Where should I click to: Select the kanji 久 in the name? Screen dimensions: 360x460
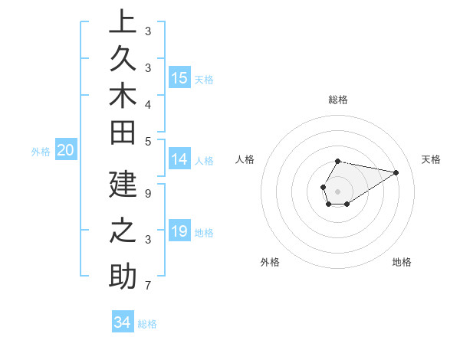coord(123,58)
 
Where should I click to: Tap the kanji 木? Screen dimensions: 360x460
coord(123,96)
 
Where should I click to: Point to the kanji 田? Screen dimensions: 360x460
coord(123,133)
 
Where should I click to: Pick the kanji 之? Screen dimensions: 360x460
coord(123,231)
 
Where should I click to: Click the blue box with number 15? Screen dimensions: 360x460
coord(179,77)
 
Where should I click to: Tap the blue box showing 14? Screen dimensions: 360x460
coord(179,159)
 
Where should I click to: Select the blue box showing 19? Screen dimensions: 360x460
coord(179,231)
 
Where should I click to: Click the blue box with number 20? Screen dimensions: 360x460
coord(66,150)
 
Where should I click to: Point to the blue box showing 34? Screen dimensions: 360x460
coord(123,322)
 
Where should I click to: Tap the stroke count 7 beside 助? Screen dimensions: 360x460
coord(147,286)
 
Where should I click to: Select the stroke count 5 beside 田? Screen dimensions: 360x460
coord(147,141)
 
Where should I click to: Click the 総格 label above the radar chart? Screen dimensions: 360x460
coord(338,100)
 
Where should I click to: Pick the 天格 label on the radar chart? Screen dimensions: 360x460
coord(432,159)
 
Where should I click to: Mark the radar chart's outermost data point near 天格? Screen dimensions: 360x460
coord(396,172)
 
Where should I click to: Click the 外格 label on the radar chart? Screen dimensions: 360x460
coord(270,263)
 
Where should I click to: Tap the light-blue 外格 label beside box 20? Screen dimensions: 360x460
coord(41,152)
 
